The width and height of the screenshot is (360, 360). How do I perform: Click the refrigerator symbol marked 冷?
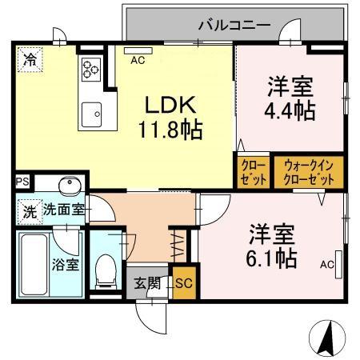click(30, 58)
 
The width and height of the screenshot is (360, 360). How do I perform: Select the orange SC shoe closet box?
click(182, 282)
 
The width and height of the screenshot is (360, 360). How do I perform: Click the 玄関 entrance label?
click(147, 282)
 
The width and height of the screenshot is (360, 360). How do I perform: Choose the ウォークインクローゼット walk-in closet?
click(309, 171)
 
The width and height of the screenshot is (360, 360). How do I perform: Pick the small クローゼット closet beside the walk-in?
click(254, 171)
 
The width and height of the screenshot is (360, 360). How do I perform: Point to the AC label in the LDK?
click(137, 59)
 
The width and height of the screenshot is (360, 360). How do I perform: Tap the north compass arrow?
click(326, 338)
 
